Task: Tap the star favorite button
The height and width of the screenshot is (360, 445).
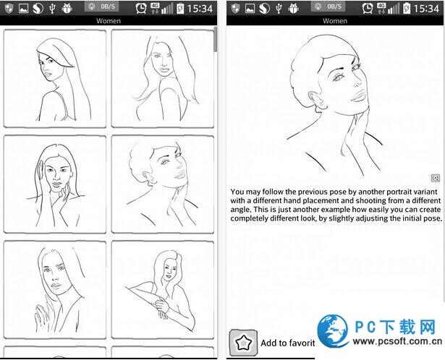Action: click(x=244, y=343)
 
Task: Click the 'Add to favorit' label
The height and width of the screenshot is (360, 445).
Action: click(x=288, y=343)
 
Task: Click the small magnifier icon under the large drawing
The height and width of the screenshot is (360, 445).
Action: click(x=436, y=178)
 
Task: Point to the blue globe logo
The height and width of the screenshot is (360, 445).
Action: click(x=333, y=331)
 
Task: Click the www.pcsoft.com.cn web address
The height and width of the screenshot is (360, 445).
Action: click(x=397, y=342)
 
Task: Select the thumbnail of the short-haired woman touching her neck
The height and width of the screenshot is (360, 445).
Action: click(x=163, y=184)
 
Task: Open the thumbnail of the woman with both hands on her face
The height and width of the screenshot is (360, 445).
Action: click(x=55, y=184)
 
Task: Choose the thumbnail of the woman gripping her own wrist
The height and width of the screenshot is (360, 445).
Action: click(x=163, y=290)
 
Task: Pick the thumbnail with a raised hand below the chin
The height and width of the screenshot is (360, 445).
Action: click(x=55, y=290)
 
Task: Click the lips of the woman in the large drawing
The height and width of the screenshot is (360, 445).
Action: click(x=358, y=95)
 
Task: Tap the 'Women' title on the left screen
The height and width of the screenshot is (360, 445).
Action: click(x=109, y=21)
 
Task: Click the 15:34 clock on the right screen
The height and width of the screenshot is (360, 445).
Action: click(x=426, y=9)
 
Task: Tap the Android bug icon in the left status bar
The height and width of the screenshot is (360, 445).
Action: click(x=67, y=9)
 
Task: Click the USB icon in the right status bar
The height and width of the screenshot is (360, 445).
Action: click(x=279, y=9)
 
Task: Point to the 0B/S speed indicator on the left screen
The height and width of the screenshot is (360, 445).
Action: click(x=101, y=7)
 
